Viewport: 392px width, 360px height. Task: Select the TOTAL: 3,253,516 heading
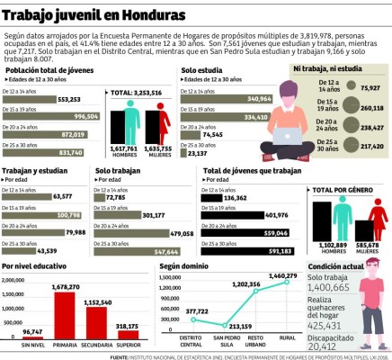click(136, 93)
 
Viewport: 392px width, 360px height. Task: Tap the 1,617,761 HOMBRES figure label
click(123, 149)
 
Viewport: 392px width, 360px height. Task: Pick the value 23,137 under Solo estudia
click(196, 153)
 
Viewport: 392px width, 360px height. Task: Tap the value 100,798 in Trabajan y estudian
click(68, 215)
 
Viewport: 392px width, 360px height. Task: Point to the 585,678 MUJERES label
click(366, 247)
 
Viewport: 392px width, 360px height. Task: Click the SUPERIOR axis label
click(128, 345)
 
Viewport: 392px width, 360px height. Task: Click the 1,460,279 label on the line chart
click(282, 276)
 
